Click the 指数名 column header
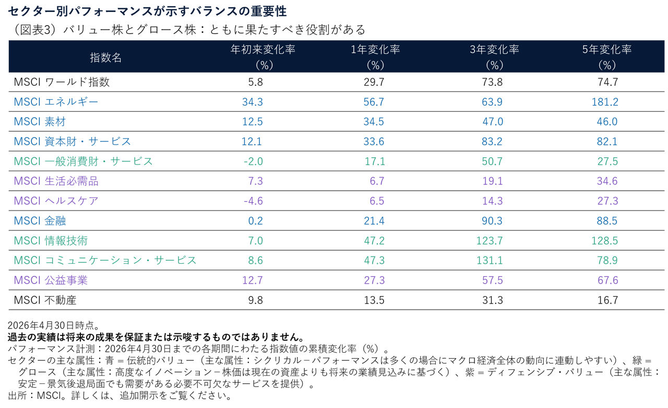pos(105,57)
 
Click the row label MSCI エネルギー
pos(56,102)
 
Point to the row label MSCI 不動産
pos(45,300)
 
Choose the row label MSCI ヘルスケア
pos(56,201)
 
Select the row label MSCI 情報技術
pos(51,240)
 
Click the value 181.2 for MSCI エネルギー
pos(605,102)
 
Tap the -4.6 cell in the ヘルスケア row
pos(253,201)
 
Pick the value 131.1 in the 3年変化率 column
pos(490,260)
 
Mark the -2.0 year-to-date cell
pos(253,161)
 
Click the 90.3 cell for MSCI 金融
pos(492,221)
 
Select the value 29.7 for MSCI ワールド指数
pos(374,82)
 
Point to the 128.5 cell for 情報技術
pos(605,240)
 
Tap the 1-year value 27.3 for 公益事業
pos(374,280)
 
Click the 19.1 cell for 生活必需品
pos(492,181)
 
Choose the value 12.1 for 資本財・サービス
pos(252,142)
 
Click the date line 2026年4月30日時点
pos(54,325)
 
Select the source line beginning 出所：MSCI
pos(120,396)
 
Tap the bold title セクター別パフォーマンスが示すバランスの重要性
pos(147,11)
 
